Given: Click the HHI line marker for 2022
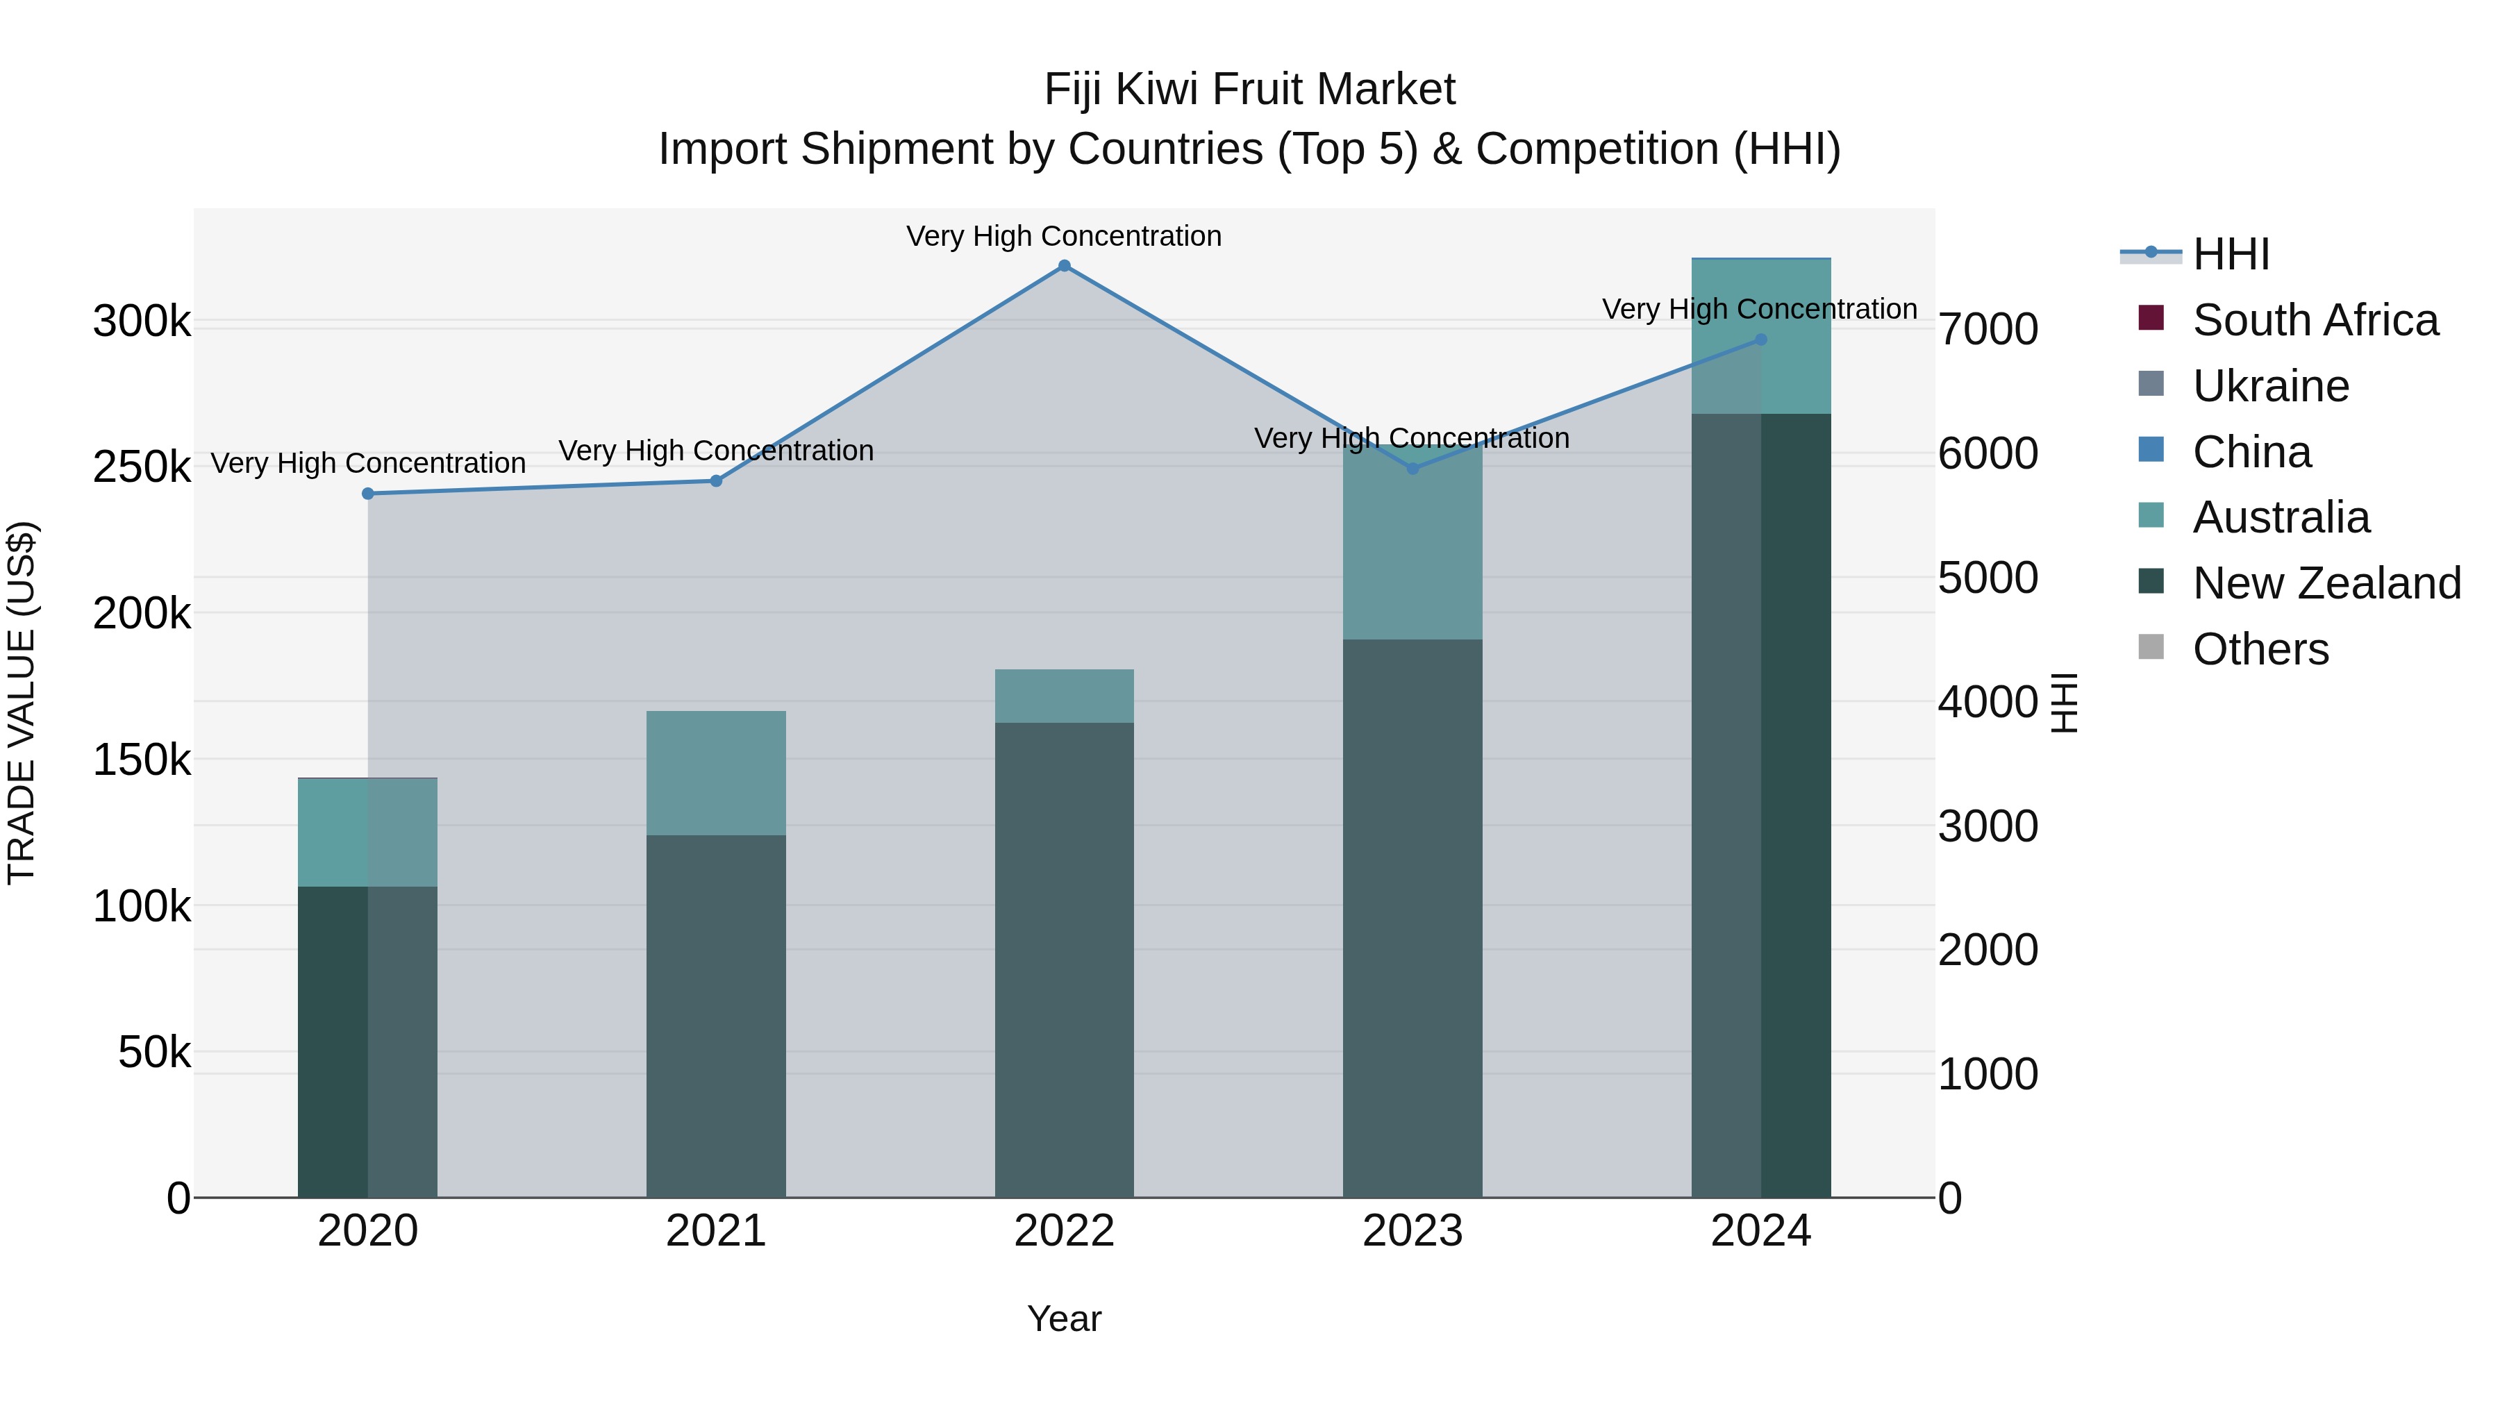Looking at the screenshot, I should click(x=1064, y=266).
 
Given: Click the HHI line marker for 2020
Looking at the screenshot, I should click(x=368, y=494).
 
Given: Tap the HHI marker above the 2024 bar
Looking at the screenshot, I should click(x=1760, y=340).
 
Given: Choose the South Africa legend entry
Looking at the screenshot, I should click(x=2315, y=320).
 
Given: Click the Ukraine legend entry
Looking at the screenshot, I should click(x=2271, y=386).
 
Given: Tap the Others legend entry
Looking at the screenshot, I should click(x=2260, y=649).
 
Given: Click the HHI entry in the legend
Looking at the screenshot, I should click(x=2230, y=254).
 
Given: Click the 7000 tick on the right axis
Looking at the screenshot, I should click(x=1987, y=329).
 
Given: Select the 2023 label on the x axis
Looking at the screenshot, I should click(x=1412, y=1231).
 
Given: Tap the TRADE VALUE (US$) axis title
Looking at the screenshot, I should click(x=22, y=703).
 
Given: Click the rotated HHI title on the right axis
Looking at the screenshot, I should click(x=2065, y=703).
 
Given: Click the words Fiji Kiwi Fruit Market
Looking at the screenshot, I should click(x=1249, y=90).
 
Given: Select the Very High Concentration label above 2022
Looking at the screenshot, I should click(x=1064, y=236).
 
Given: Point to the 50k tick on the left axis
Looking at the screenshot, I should click(x=154, y=1053).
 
